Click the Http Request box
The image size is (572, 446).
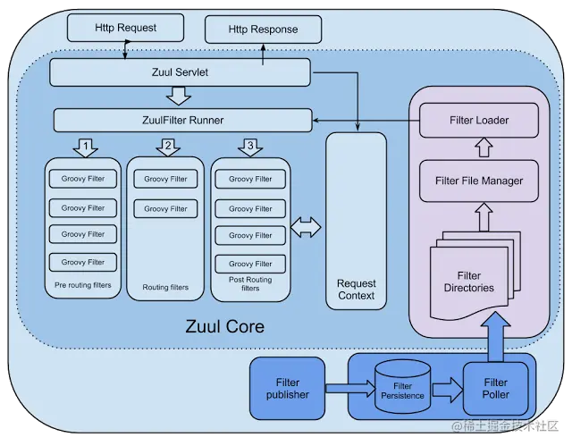pos(125,28)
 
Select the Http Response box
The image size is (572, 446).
pos(263,29)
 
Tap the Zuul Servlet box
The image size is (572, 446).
pos(180,72)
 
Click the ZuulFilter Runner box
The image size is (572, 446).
pos(182,120)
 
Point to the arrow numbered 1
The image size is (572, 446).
pos(86,147)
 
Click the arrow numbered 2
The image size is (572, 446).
pos(168,147)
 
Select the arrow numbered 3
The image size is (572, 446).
pos(250,147)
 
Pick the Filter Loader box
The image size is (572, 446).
pos(479,121)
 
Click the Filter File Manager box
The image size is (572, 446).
pos(479,181)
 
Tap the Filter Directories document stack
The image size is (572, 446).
pos(475,277)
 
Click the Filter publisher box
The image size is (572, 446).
pos(288,389)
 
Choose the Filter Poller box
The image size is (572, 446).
pos(495,389)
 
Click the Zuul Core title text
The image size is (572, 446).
pos(224,326)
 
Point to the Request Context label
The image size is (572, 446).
pos(356,290)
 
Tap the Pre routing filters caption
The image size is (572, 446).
pos(83,285)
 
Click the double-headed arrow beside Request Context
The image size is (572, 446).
pos(306,227)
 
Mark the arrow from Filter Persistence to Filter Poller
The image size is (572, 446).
pos(448,390)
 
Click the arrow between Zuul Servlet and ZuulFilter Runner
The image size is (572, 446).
pos(179,96)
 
